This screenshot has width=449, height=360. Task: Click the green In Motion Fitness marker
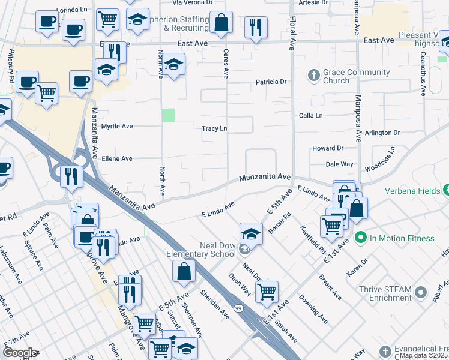coord(360,238)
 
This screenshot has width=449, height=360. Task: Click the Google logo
coord(20,352)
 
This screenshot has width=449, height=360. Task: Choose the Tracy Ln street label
coord(214,128)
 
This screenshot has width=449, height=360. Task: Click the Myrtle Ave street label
coord(116,127)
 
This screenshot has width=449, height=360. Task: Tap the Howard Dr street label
coord(327,148)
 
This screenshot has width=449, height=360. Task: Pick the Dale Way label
coord(339,164)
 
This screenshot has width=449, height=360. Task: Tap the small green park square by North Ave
coord(169,115)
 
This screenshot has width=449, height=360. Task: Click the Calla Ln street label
coord(311,115)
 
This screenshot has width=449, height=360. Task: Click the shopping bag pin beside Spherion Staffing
coord(221,23)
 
